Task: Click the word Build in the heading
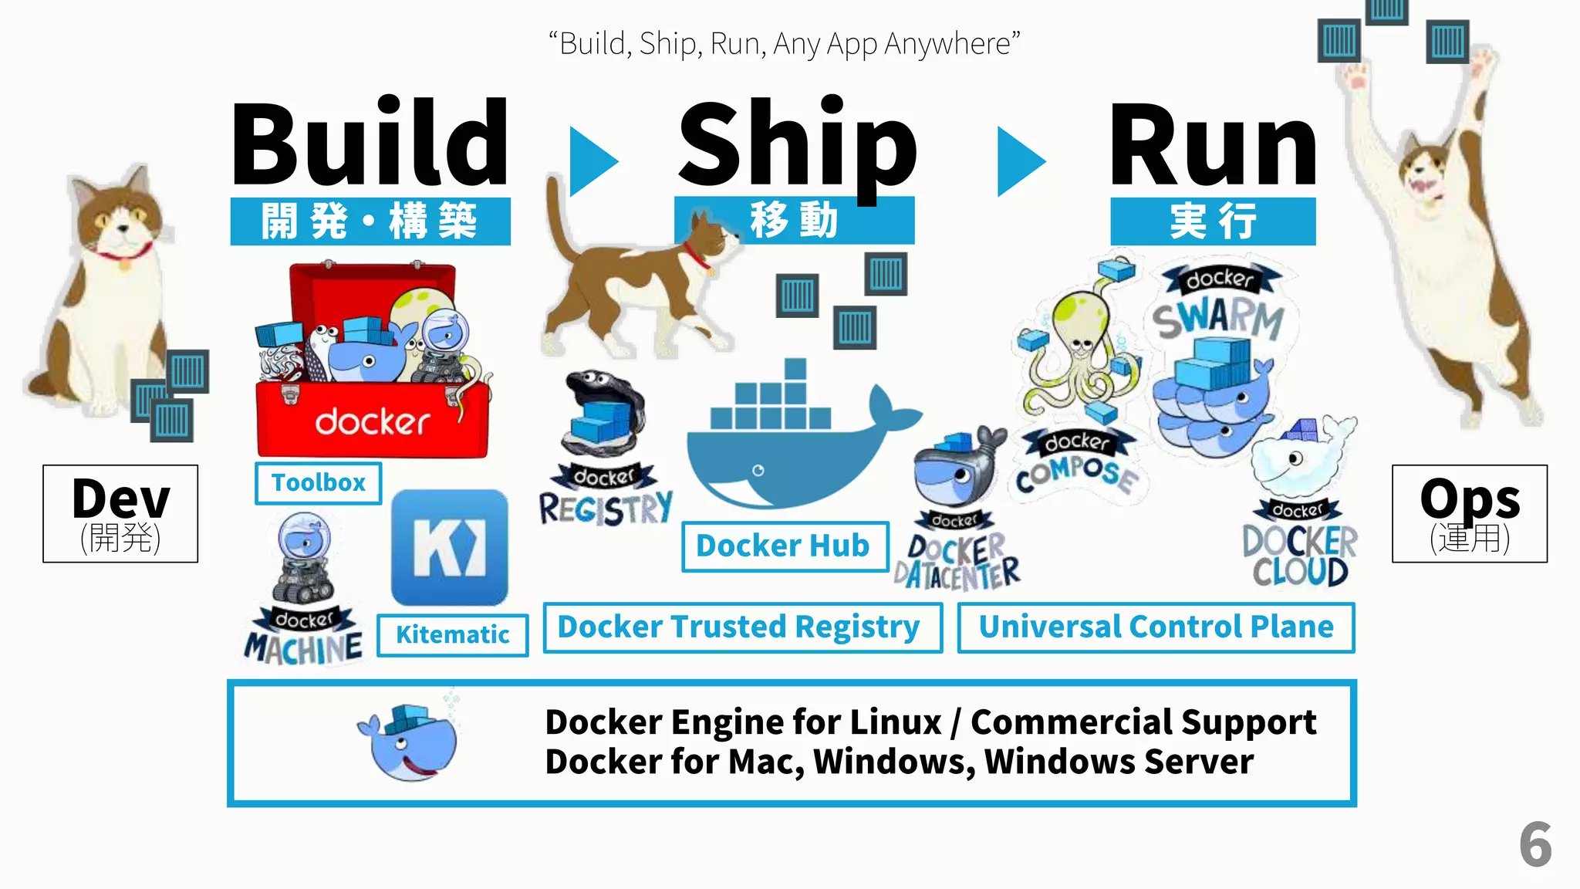(370, 143)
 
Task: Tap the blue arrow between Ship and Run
(1019, 161)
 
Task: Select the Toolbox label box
(318, 483)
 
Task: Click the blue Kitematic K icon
(450, 547)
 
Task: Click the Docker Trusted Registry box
(741, 627)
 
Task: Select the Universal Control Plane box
(1156, 627)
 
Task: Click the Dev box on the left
(120, 513)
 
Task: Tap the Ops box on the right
(1469, 513)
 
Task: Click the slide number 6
(1534, 845)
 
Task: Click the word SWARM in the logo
(1219, 318)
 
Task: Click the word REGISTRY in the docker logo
(606, 509)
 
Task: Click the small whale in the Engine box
(409, 743)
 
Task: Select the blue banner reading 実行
(1213, 221)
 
